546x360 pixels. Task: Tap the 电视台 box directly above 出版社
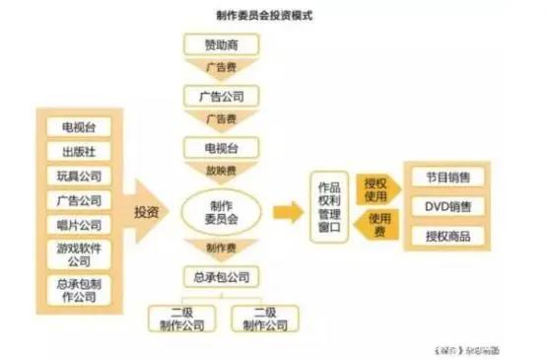pyautogui.click(x=79, y=127)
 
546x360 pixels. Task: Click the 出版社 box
pyautogui.click(x=79, y=151)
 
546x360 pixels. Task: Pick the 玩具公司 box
pyautogui.click(x=79, y=176)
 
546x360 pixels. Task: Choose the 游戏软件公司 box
pyautogui.click(x=79, y=254)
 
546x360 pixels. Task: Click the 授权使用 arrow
pyautogui.click(x=375, y=187)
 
